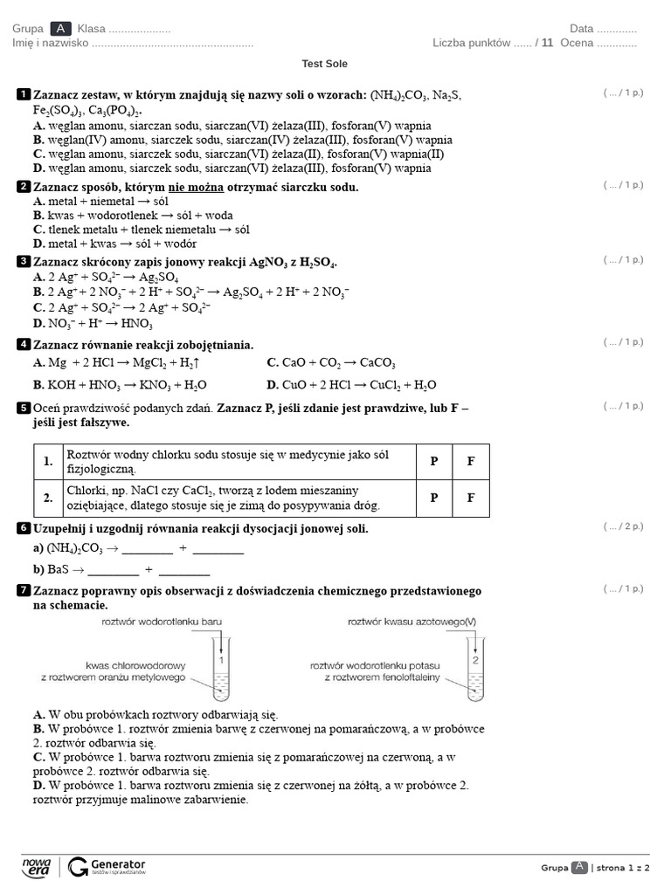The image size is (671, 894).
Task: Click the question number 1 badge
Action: [x=24, y=93]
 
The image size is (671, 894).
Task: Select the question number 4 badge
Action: [x=24, y=344]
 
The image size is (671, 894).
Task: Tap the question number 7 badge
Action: [x=24, y=591]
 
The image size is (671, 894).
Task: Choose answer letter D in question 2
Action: [x=38, y=244]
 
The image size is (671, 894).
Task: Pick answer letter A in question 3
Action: [x=38, y=277]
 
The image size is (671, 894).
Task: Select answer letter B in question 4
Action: [x=38, y=384]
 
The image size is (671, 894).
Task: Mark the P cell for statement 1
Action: [x=434, y=462]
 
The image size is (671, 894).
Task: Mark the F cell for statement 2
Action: [x=471, y=498]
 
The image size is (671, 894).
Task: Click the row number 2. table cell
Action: [x=48, y=498]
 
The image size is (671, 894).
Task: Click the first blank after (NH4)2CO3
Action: [x=148, y=550]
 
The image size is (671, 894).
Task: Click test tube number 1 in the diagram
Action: [x=221, y=669]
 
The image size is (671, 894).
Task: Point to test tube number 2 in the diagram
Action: [x=475, y=669]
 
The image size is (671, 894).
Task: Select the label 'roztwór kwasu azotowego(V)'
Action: [x=412, y=621]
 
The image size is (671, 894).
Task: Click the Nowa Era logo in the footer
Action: [x=37, y=866]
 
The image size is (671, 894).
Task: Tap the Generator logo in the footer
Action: [x=107, y=866]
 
